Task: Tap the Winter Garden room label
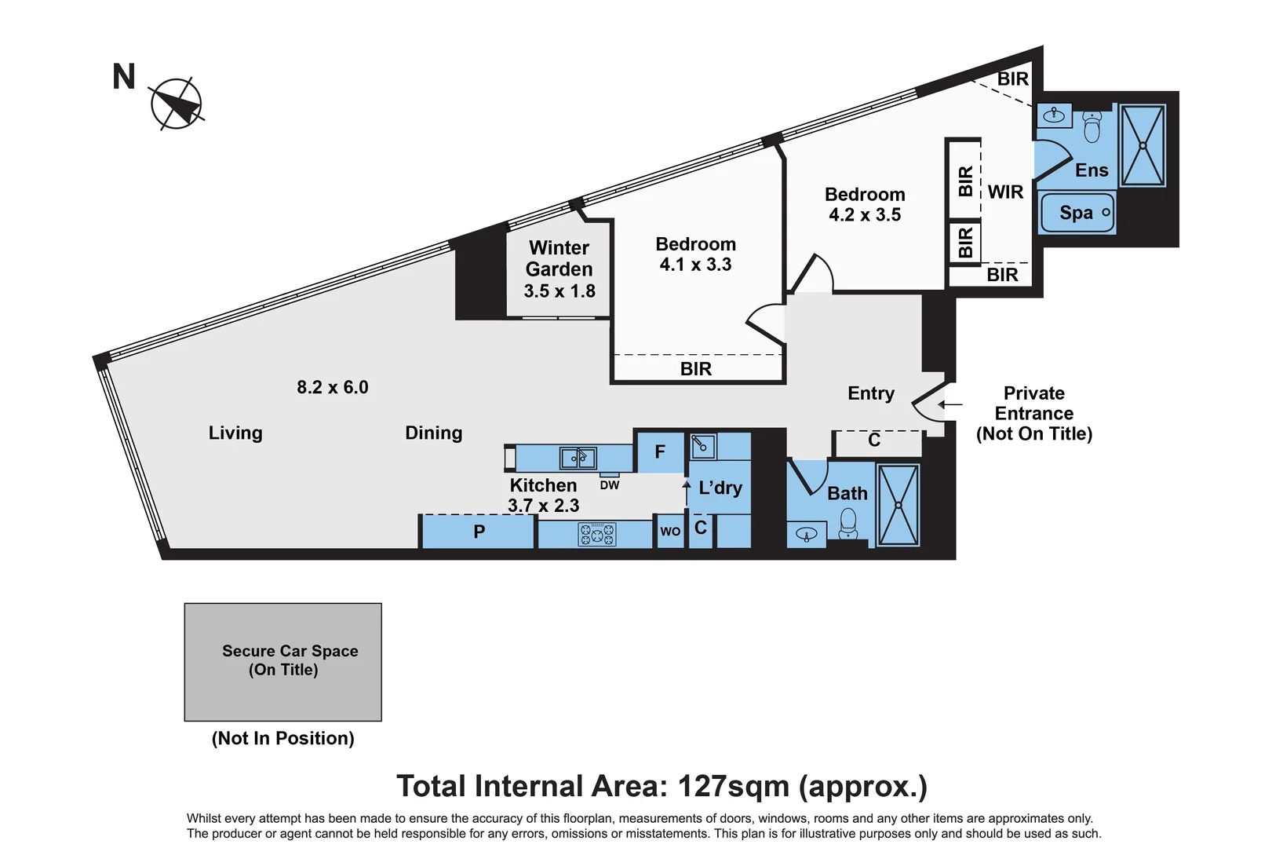[559, 258]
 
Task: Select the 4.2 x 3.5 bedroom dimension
[865, 214]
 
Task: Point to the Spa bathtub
[1077, 213]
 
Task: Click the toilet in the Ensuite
[1092, 126]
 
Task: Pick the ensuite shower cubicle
[1143, 145]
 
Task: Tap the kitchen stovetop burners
[597, 534]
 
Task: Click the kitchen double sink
[578, 459]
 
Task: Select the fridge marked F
[661, 452]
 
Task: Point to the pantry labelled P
[478, 532]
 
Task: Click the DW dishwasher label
[610, 485]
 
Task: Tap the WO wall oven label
[670, 531]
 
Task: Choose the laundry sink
[703, 446]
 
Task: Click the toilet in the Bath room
[847, 524]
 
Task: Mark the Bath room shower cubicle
[898, 506]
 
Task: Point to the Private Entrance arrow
[950, 404]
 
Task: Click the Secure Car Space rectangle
[283, 662]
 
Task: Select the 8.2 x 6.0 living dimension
[332, 387]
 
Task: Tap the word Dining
[434, 433]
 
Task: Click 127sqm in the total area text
[734, 785]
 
